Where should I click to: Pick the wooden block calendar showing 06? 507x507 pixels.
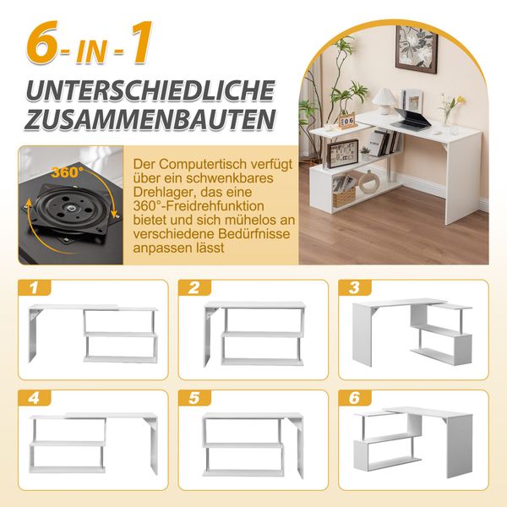[346, 121]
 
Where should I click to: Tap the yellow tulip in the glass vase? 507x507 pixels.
[447, 104]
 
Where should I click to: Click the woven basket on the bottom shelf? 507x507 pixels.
[344, 195]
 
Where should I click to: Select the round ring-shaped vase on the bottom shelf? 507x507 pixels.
[368, 183]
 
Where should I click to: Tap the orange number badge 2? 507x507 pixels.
[195, 287]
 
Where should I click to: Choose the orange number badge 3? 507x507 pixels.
[355, 287]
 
